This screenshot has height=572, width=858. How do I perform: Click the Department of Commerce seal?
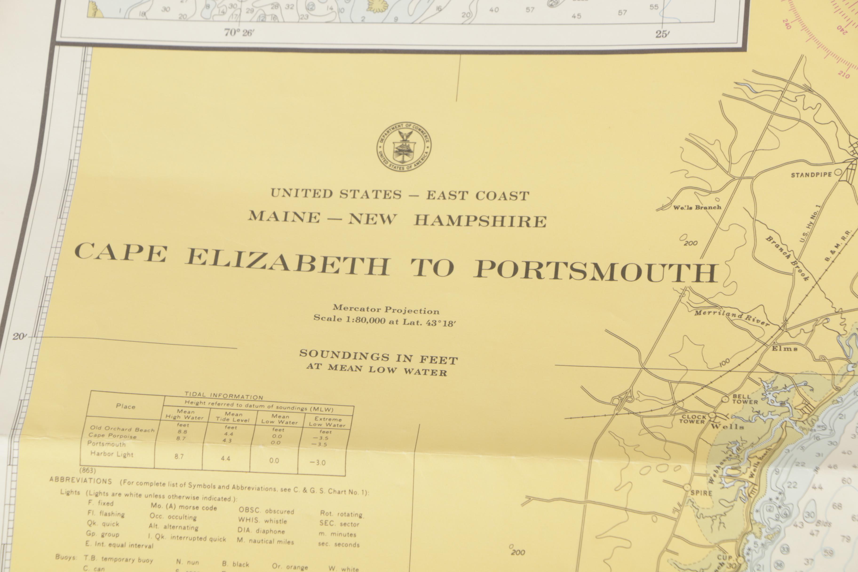point(404,147)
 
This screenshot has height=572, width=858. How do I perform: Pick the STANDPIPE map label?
point(811,175)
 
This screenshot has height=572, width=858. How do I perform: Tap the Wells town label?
point(727,426)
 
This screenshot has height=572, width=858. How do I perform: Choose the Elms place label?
point(784,348)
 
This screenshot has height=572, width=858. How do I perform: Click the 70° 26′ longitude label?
point(239,33)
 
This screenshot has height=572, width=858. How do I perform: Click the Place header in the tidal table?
point(126,406)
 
